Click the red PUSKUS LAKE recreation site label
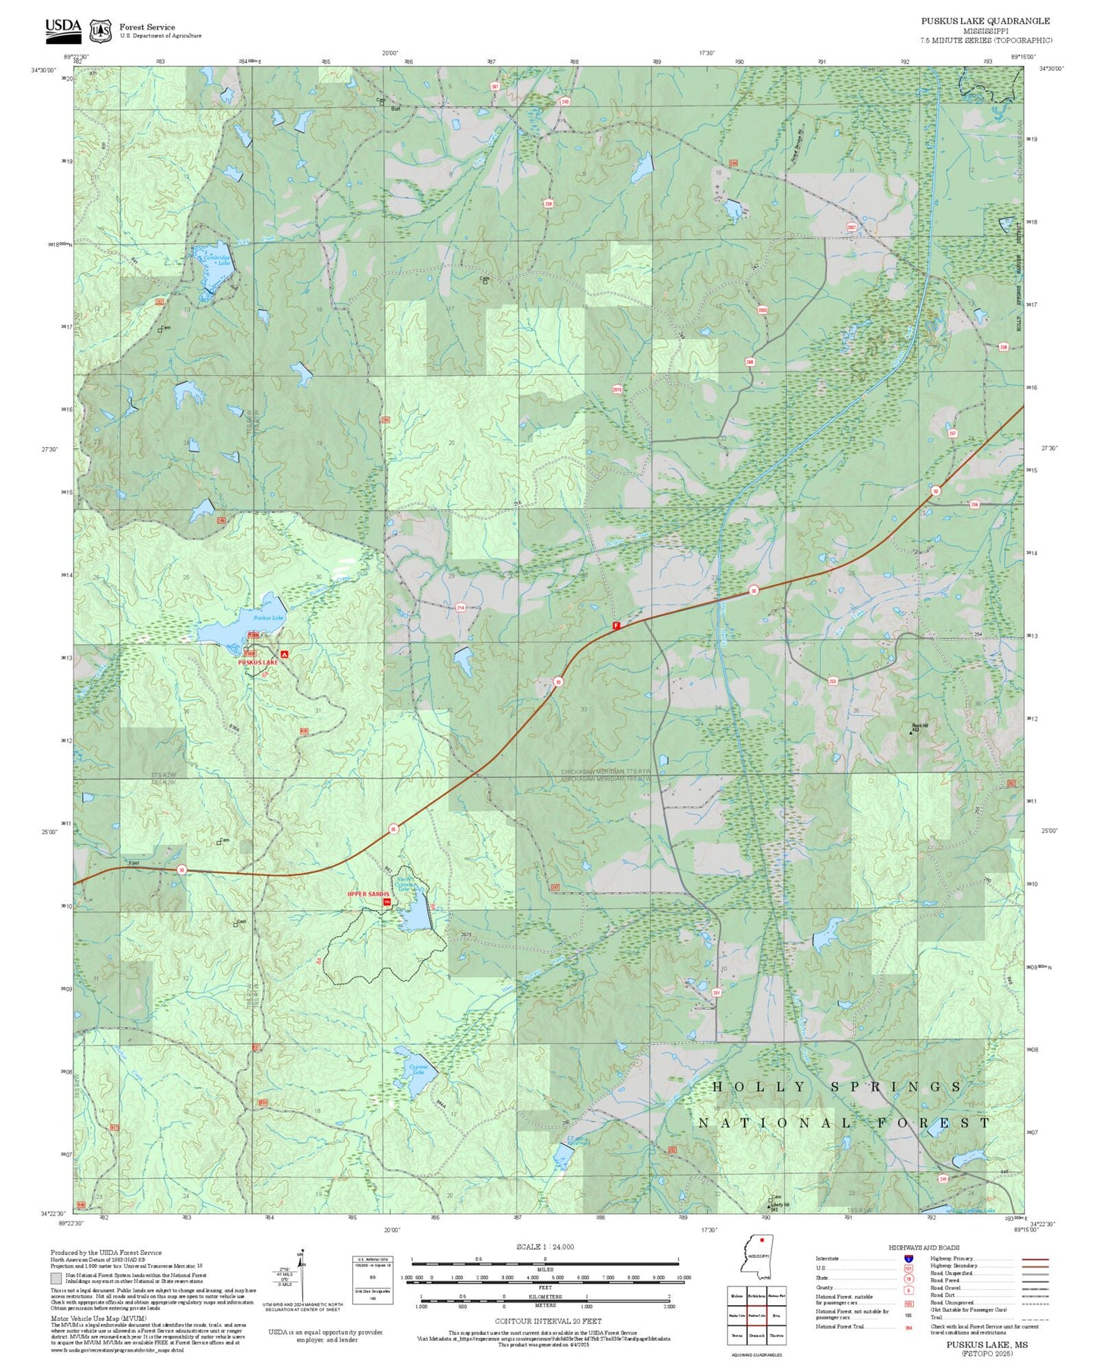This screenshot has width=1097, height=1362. pos(258,662)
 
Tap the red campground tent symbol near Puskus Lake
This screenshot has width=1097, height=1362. pos(284,654)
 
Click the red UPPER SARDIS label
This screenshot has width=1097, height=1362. pos(367,894)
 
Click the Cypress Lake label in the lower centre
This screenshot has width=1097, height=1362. pos(418,1069)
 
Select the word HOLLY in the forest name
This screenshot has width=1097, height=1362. pos(760,1087)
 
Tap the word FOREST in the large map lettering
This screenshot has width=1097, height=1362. pos(933,1123)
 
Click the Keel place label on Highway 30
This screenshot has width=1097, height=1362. pos(134,863)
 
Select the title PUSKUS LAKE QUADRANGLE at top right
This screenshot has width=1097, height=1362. pos(985,21)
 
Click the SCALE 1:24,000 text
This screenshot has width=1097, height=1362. pos(544,1246)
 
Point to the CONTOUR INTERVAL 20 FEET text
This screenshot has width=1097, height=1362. pos(547,1321)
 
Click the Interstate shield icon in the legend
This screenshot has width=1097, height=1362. pos(908,1259)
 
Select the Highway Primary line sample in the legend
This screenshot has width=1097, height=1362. pos(1035,1259)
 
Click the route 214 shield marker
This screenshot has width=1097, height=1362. pos(460,607)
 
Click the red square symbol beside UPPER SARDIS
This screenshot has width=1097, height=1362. pos(387,903)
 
